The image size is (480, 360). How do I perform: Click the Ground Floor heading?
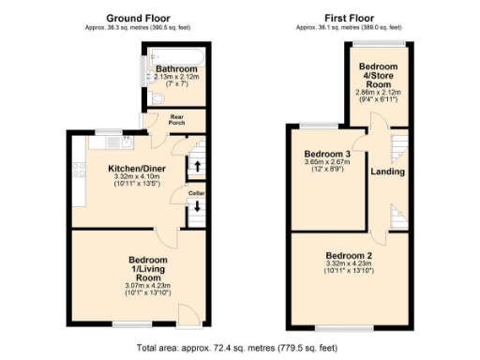(137, 18)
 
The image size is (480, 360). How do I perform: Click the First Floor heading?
(349, 18)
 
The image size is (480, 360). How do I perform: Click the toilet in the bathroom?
(157, 97)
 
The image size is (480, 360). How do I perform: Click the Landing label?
(387, 172)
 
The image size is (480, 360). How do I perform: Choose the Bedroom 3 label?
(327, 154)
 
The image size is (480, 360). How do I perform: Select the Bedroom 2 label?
(349, 255)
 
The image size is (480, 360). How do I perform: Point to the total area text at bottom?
(240, 347)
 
